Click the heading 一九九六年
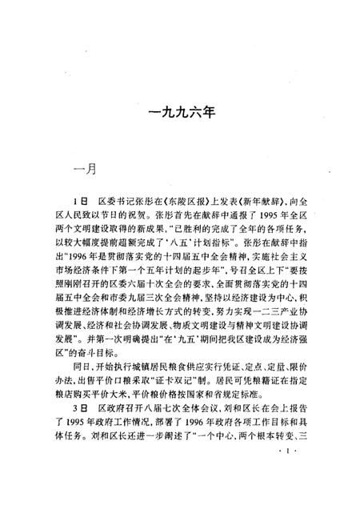coord(180,114)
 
